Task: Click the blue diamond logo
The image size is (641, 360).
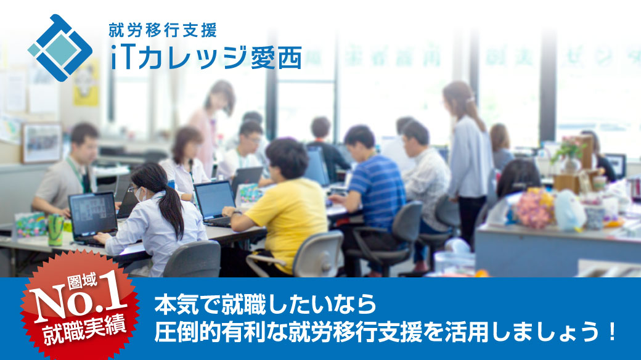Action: pos(60,48)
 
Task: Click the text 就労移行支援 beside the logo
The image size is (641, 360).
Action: pos(163,30)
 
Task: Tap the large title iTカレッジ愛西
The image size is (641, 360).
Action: pos(206,57)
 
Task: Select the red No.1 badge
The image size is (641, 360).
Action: pos(80,307)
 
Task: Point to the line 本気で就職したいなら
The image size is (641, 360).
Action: pos(265,305)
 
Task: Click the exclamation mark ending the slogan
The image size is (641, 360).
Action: pos(611,332)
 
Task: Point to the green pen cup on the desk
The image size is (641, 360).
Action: pos(55,229)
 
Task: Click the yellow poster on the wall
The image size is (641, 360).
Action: pos(86,83)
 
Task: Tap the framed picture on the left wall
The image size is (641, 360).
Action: pos(42,142)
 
